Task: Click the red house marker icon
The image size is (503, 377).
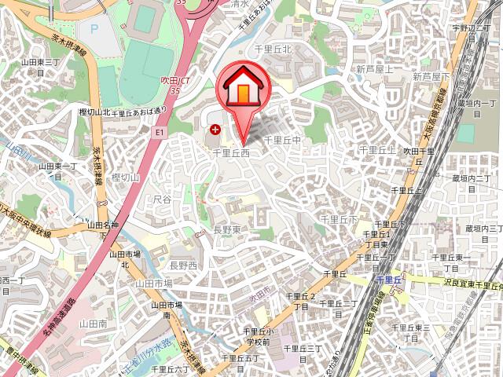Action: click(241, 90)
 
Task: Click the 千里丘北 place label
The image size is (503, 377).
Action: click(274, 49)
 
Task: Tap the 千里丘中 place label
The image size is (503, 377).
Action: click(283, 140)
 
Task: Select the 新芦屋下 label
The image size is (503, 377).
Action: click(430, 76)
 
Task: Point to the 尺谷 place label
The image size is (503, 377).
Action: click(163, 200)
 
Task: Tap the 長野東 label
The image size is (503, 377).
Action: click(228, 230)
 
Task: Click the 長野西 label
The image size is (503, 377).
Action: click(183, 266)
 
